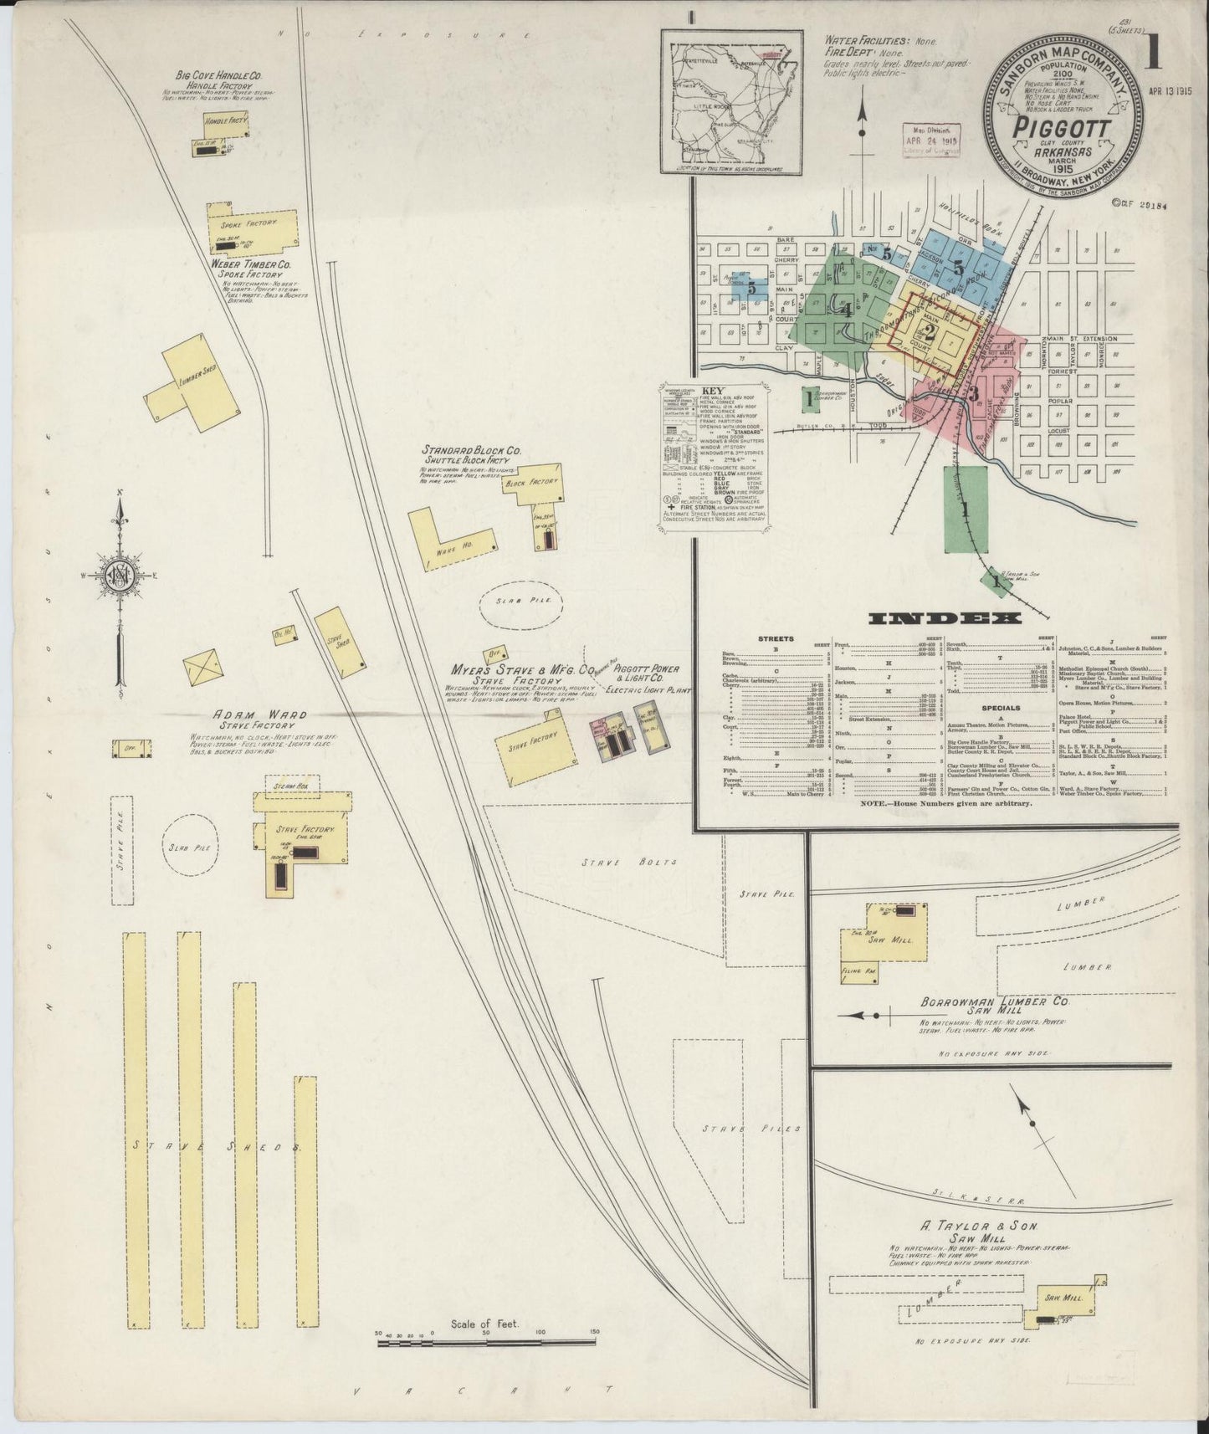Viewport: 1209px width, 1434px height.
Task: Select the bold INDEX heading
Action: click(945, 618)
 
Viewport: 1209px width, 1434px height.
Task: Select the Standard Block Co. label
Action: click(471, 451)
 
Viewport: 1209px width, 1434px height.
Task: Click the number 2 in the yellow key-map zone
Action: click(930, 329)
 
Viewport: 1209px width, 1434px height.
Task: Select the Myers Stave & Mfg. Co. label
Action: click(510, 670)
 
